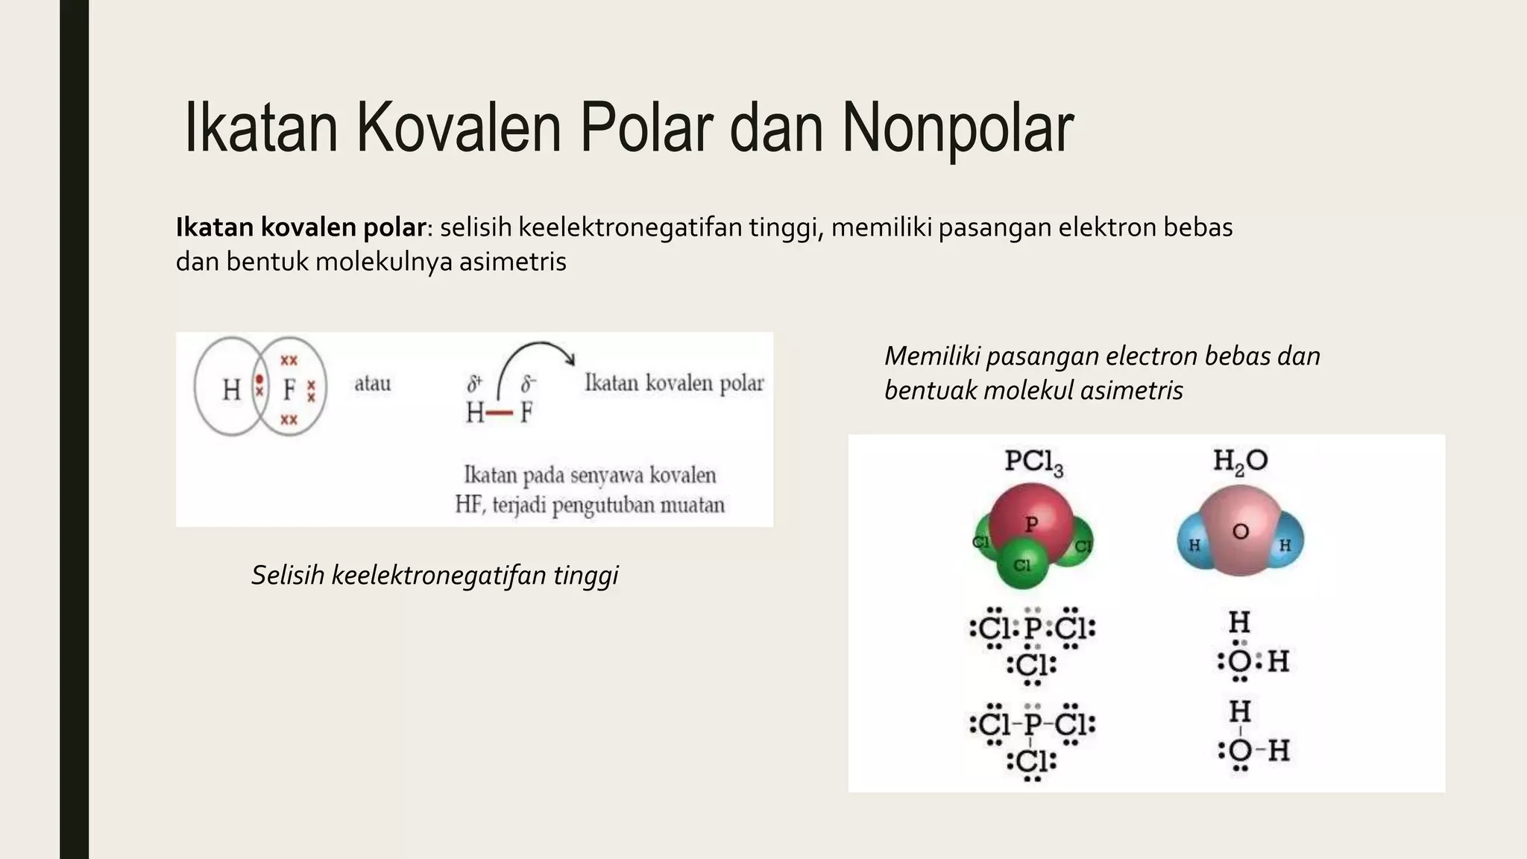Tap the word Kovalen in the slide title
point(459,128)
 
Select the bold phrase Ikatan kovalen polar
point(300,227)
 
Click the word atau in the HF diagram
point(372,384)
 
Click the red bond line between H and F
point(501,412)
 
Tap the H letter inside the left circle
point(231,388)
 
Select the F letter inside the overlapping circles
point(289,388)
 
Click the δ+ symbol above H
point(474,384)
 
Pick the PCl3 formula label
point(1033,462)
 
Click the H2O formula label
point(1240,461)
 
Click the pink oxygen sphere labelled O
point(1241,532)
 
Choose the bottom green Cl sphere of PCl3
point(1022,566)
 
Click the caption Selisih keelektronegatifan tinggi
point(435,575)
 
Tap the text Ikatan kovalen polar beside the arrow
point(674,383)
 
